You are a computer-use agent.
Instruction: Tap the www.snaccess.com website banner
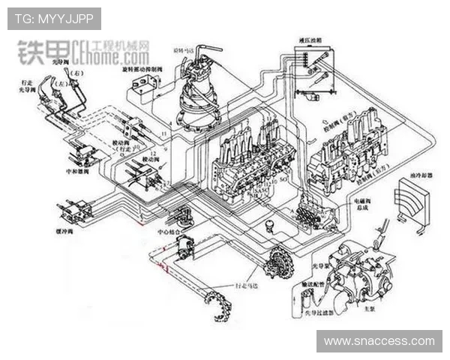tap(383, 341)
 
